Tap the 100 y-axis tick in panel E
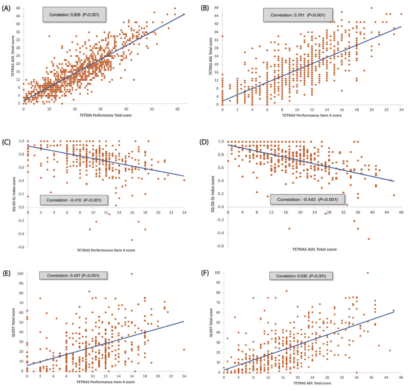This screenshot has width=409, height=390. [19, 273]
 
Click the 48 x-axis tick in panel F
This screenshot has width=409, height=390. [401, 380]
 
